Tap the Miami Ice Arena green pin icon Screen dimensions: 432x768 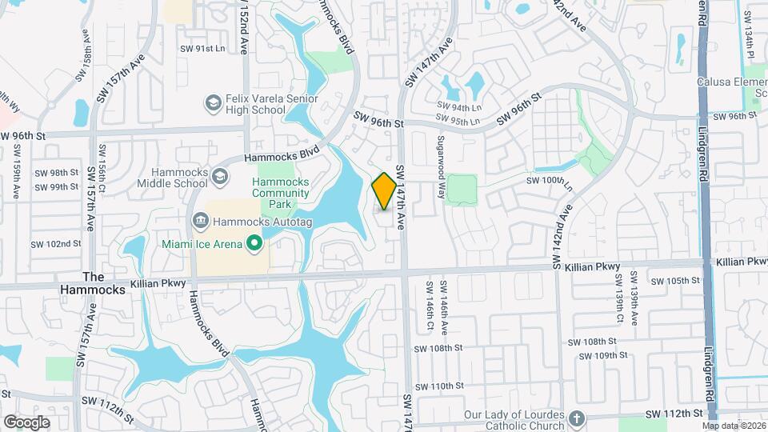(x=254, y=242)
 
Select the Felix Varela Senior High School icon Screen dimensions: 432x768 (x=213, y=102)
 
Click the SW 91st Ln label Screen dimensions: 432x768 (x=203, y=49)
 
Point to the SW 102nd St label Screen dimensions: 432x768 (x=56, y=244)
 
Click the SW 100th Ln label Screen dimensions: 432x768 (x=551, y=181)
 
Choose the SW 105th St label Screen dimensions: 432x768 (x=675, y=281)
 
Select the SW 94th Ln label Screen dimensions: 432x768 (x=459, y=106)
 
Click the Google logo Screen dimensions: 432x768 (x=26, y=422)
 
